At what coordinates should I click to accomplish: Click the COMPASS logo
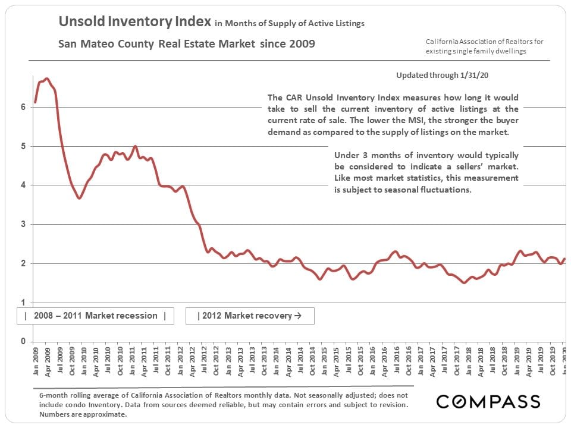coord(488,401)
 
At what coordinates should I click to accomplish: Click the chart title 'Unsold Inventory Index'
coord(134,23)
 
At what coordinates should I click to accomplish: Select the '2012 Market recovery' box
coord(250,316)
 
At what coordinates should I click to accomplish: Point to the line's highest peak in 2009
coord(47,78)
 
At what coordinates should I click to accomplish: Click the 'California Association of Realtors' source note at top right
coord(484,42)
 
